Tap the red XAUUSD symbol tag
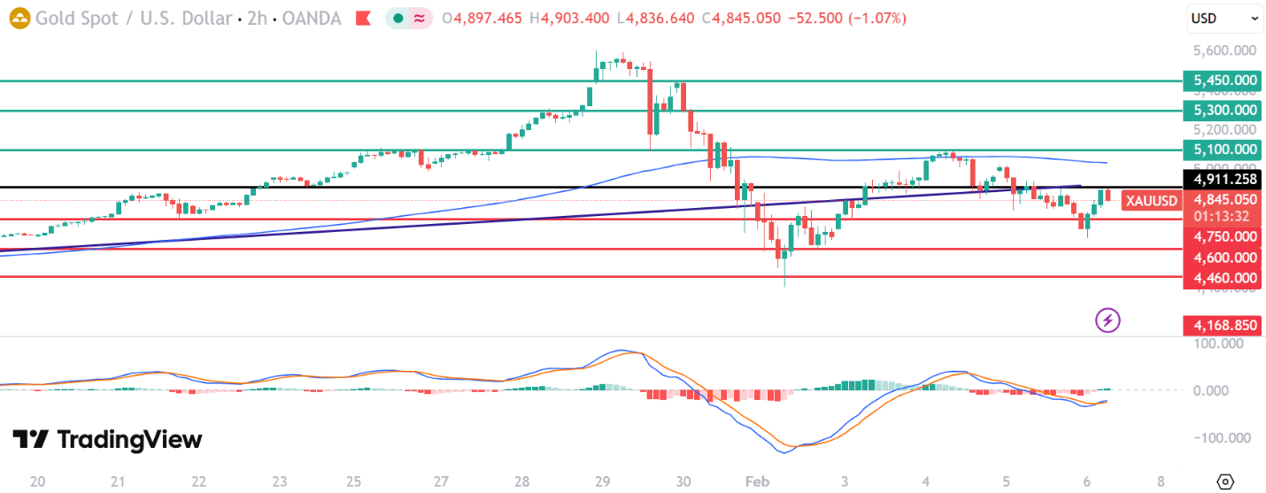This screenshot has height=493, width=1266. (1151, 201)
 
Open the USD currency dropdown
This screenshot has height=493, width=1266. (1225, 18)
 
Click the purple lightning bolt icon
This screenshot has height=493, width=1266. (1108, 320)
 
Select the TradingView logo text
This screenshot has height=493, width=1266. (108, 440)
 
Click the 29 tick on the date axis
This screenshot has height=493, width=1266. (602, 482)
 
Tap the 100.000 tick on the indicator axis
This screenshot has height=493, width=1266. (1224, 343)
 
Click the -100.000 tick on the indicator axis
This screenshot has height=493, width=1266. (1222, 438)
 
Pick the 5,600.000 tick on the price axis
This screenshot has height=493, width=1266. (1225, 52)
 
